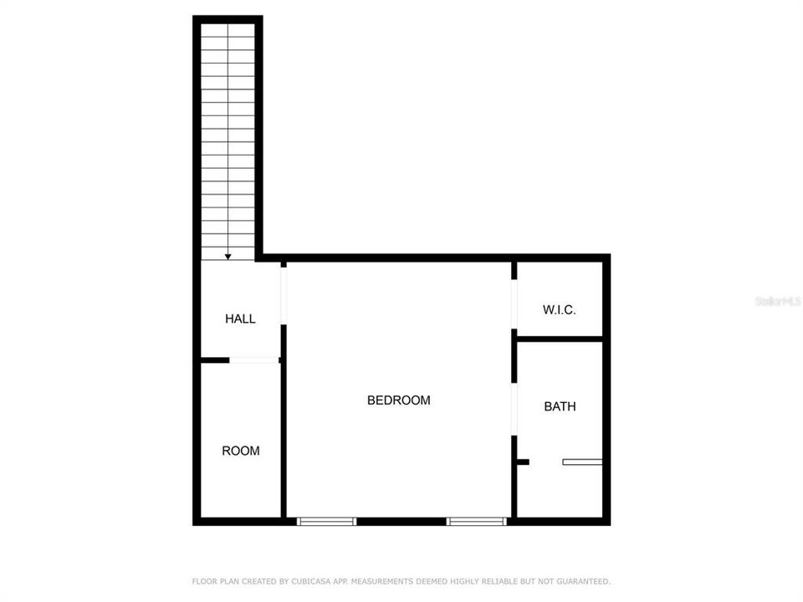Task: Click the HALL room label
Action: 240,319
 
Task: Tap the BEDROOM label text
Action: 398,400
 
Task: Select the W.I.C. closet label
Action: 559,309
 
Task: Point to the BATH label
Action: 560,406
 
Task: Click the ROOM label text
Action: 240,451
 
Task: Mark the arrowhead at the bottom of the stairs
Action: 228,258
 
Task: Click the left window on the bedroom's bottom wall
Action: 327,521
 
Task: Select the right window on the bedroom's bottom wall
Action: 477,521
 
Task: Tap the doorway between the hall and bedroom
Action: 284,295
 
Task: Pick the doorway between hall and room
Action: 254,360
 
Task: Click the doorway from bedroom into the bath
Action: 514,410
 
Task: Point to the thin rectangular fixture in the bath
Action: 582,461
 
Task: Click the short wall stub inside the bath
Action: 524,461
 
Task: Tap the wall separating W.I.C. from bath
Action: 559,339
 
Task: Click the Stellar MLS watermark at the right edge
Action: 778,299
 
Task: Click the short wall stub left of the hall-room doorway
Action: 214,360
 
